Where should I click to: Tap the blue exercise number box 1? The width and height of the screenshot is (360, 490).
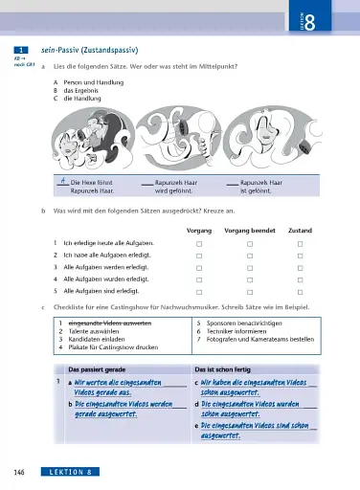(x=20, y=48)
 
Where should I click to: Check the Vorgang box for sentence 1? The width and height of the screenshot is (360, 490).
(x=198, y=245)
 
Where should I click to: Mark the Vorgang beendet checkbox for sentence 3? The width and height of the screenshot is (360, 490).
(x=249, y=268)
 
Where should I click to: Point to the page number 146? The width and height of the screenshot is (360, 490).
(x=19, y=473)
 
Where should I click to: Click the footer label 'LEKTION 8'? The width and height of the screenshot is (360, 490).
(x=71, y=473)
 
